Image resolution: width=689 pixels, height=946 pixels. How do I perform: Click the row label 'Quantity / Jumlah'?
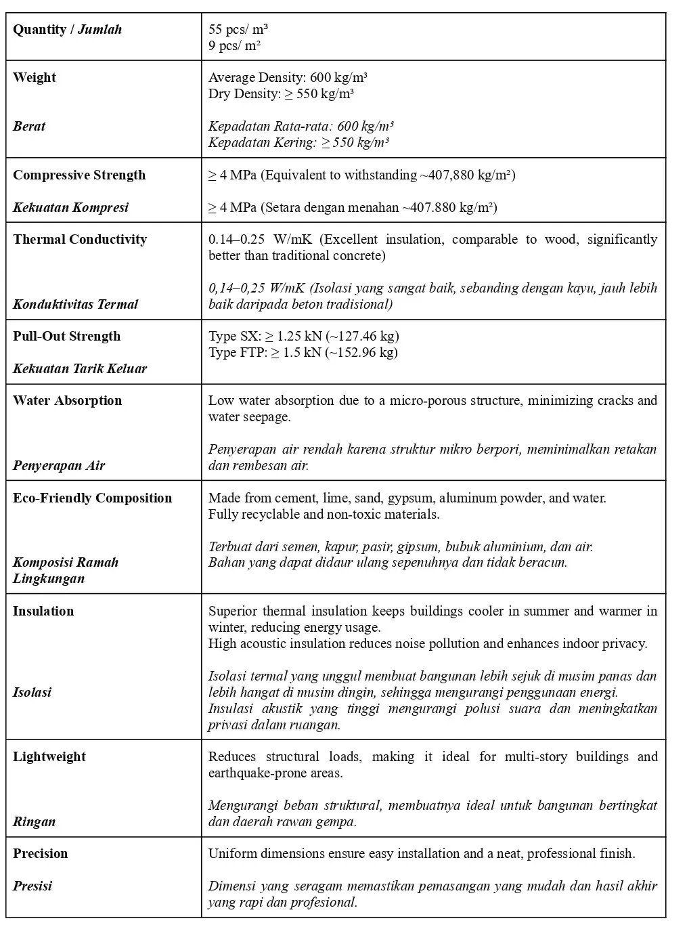coord(67,30)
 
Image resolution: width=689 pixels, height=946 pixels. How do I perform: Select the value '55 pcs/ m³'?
coord(238,30)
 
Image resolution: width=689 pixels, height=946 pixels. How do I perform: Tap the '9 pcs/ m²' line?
coord(234,46)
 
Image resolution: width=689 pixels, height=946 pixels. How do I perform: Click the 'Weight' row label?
coord(35,78)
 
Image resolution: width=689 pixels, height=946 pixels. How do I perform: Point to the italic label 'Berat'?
coord(29,127)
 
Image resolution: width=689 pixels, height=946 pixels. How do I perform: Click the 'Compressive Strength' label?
coord(79,175)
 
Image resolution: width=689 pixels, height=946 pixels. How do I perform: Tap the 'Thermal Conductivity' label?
coord(80,240)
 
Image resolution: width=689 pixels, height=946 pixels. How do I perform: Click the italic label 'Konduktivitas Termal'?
coord(75,305)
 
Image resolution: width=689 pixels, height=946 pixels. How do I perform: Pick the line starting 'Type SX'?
coord(303,337)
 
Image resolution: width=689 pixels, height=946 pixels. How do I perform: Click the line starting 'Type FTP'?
coord(303,353)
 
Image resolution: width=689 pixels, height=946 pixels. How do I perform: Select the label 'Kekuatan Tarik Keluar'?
coord(80,369)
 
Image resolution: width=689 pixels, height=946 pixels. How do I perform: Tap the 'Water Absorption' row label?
coord(68,401)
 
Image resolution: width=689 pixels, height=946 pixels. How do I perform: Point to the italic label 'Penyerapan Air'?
coord(59,466)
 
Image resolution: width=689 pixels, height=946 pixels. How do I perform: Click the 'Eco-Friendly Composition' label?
coord(93,498)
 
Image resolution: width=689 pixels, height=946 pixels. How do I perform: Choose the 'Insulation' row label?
coord(43,611)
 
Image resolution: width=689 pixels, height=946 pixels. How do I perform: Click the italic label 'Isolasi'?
coord(32,693)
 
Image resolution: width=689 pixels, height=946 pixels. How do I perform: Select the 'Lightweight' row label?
coord(49,757)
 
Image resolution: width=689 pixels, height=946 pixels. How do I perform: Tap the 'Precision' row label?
coord(41,854)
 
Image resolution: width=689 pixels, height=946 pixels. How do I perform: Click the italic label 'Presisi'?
coord(32,886)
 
